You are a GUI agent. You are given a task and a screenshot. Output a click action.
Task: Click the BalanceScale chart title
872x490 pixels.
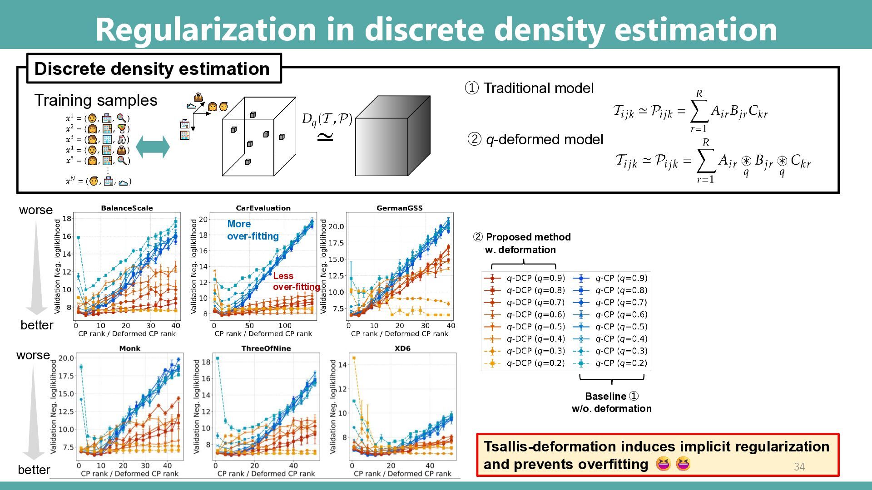pos(127,208)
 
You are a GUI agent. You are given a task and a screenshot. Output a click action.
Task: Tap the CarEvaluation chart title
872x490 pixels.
pos(263,208)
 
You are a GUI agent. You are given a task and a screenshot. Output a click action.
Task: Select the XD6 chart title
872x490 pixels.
pos(402,348)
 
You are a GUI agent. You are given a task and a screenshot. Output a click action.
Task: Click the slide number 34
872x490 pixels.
pos(799,466)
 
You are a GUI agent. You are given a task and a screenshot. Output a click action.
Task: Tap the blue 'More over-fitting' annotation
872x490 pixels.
pos(253,230)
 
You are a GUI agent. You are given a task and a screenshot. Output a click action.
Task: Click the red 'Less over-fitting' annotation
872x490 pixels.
pos(295,281)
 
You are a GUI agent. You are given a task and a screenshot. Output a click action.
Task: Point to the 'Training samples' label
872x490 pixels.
pos(96,100)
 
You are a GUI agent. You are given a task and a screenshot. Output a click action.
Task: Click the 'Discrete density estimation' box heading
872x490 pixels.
pos(152,69)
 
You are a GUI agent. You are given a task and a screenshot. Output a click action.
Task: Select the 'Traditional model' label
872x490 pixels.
pos(538,88)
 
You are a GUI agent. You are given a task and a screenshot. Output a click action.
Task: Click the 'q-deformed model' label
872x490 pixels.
pos(544,139)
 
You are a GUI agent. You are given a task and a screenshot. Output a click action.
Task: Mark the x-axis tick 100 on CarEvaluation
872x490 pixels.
pos(285,325)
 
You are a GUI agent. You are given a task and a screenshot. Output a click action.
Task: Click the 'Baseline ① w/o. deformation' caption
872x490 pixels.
pos(611,402)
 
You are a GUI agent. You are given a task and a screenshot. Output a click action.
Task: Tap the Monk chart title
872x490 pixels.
pos(129,348)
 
